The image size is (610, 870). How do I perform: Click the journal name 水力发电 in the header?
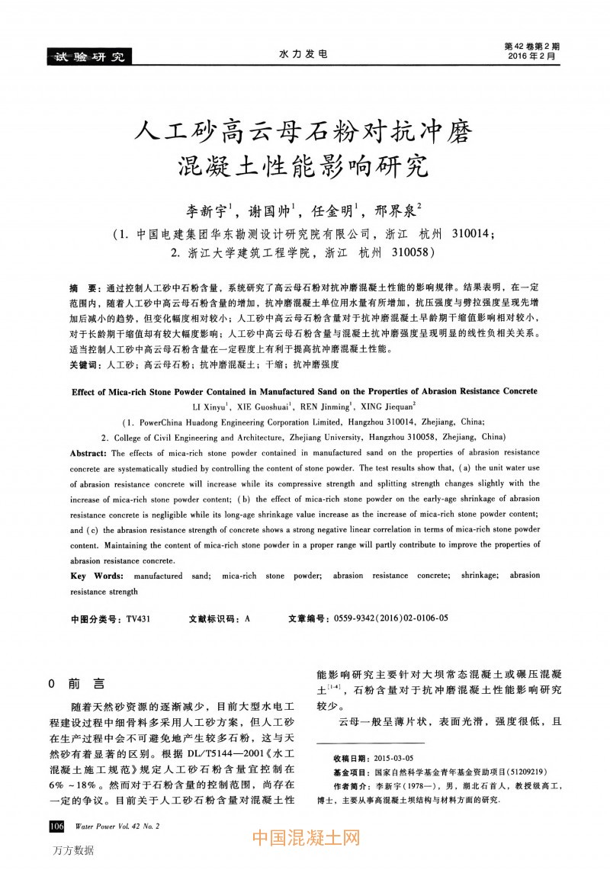[303, 55]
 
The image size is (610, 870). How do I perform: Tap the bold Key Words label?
[95, 576]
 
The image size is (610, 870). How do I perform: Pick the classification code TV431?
[138, 619]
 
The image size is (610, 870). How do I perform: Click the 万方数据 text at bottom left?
[73, 850]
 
